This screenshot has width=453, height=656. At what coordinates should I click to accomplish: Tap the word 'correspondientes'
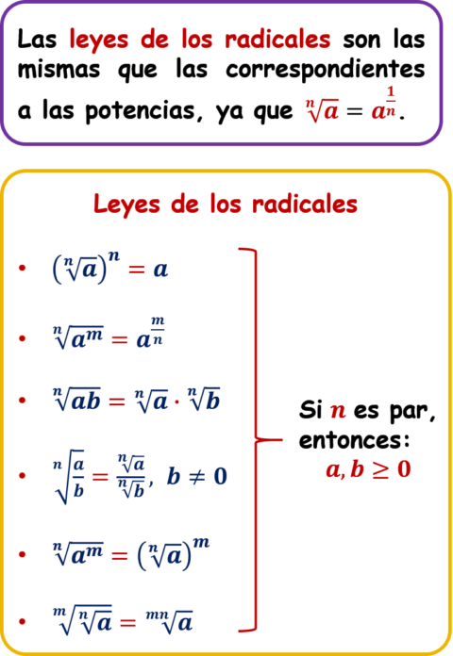coord(326,71)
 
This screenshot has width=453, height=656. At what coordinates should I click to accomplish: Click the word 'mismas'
coord(59,69)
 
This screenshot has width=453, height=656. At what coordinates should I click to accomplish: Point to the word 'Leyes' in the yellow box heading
coord(126,205)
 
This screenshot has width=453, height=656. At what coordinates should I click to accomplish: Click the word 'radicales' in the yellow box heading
coord(305,205)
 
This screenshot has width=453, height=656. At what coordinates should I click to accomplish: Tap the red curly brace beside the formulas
coord(256,439)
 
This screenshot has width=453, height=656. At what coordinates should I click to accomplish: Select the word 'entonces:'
coord(355,440)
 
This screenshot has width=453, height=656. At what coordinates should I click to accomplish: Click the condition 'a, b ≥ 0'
coord(368,469)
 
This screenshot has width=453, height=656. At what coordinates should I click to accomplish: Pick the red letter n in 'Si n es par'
coord(338,410)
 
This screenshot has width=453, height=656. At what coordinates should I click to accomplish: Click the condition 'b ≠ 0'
coord(196,476)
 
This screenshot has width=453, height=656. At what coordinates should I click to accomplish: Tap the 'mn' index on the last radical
coord(158,615)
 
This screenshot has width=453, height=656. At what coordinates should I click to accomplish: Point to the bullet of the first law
coord(23,268)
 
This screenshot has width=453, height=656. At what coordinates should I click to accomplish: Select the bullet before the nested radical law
coord(23,622)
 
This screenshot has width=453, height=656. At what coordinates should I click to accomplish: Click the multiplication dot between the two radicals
coord(176,402)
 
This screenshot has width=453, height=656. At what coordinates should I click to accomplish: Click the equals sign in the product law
coord(117,402)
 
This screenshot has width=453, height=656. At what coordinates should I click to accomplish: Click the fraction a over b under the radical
coord(78,477)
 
